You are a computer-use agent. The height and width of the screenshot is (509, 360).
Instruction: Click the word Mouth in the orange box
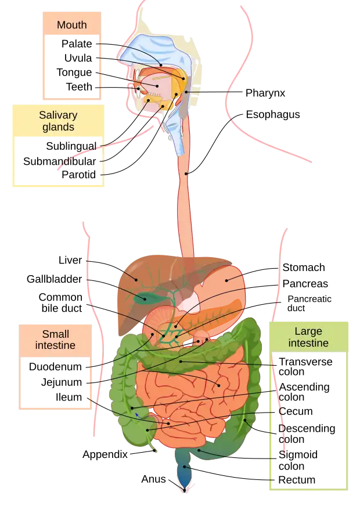(x=72, y=25)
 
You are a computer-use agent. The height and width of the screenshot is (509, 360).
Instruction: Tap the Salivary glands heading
(x=58, y=120)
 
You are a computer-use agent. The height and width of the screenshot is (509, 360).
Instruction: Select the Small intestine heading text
(x=56, y=340)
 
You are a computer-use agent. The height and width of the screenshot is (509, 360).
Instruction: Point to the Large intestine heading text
(x=308, y=337)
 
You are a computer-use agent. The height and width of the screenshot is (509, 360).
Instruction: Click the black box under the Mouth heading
(x=72, y=67)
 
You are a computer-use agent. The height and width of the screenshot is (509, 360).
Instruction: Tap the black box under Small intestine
(x=56, y=380)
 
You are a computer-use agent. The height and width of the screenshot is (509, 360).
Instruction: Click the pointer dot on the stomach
(x=226, y=280)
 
